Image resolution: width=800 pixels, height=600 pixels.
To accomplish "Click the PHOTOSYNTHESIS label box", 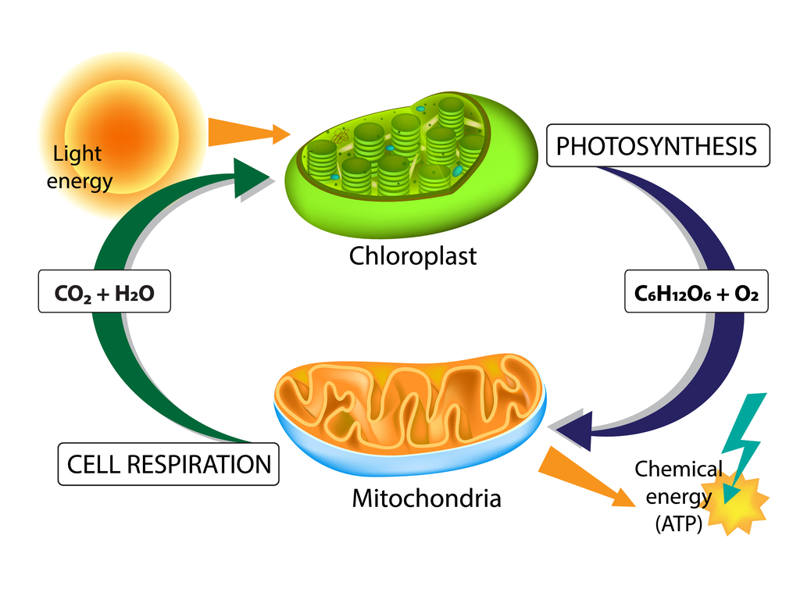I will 658,145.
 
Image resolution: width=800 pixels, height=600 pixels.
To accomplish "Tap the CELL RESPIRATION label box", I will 169,464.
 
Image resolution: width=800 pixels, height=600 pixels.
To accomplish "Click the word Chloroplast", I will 412,255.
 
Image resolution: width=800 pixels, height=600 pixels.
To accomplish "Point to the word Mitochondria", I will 427,498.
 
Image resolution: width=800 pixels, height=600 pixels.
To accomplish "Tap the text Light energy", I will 79,168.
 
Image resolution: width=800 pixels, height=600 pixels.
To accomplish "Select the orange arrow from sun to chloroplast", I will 246,133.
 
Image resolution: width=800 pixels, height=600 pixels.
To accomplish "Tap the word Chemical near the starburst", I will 677,470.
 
